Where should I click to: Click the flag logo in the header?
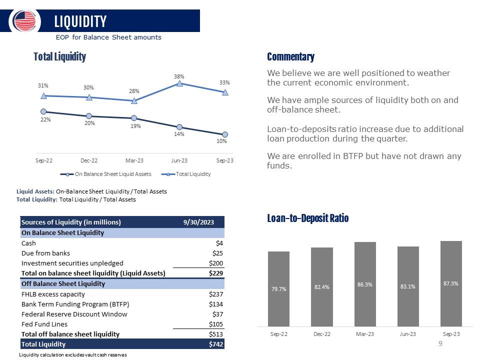(x=25, y=21)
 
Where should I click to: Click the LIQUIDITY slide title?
(x=80, y=21)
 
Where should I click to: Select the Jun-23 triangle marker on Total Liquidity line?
(x=179, y=83)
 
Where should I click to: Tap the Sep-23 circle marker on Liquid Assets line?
(x=225, y=134)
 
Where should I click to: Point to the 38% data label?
(x=179, y=76)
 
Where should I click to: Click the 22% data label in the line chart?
(x=45, y=119)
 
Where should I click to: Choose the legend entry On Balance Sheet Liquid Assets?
(x=105, y=174)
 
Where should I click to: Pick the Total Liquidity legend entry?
(x=186, y=174)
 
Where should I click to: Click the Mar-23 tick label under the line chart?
(x=134, y=160)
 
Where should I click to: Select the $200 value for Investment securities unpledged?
(x=216, y=263)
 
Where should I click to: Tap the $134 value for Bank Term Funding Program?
(x=216, y=304)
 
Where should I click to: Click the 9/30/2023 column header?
(x=198, y=222)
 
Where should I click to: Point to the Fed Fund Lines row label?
(x=44, y=324)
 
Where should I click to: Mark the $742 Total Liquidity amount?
(x=216, y=344)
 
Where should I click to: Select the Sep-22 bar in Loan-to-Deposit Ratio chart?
(x=278, y=289)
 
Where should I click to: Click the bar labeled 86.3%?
(x=365, y=284)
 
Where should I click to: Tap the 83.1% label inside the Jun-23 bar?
(x=408, y=286)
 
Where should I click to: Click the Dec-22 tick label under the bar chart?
(x=321, y=334)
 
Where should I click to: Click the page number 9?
(x=440, y=343)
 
